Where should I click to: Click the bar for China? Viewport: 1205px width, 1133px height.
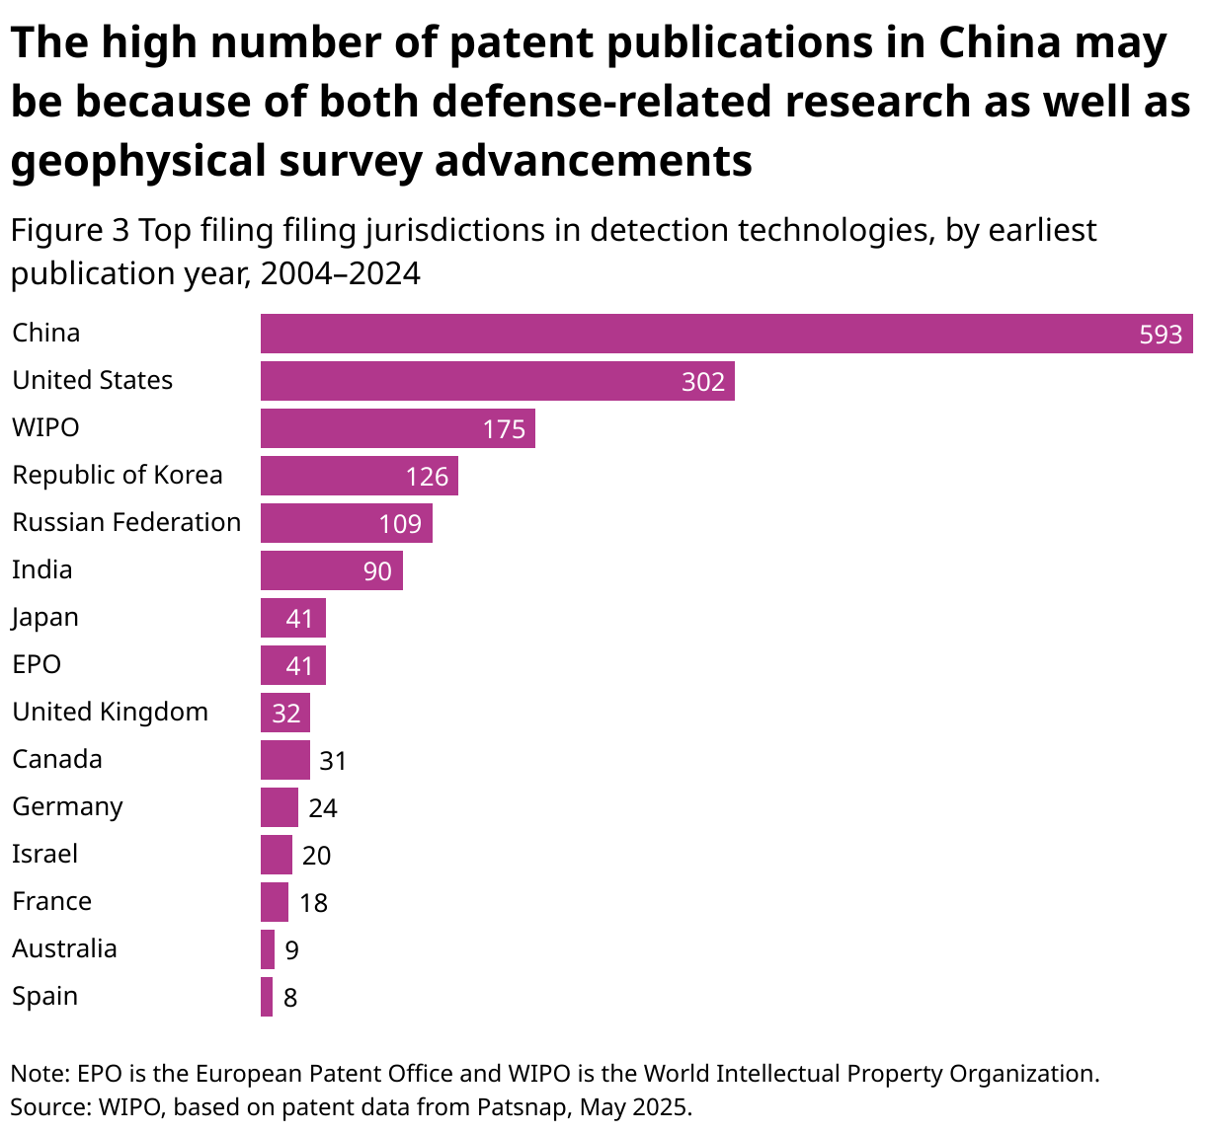coord(726,334)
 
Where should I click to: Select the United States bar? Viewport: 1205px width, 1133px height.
coord(497,381)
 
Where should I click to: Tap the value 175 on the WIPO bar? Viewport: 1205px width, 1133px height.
coord(504,429)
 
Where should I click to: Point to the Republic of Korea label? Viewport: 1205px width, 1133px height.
coord(118,476)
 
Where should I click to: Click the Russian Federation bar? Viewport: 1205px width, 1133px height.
coord(346,523)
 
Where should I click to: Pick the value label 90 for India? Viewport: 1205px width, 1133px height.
coord(377,571)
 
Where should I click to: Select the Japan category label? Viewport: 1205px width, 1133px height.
coord(45,618)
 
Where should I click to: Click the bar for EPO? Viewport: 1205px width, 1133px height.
coord(292,665)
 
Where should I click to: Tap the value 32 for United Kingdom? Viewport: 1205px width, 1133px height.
coord(285,714)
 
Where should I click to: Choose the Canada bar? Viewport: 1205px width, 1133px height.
coord(284,760)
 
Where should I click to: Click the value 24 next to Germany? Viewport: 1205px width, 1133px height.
coord(323,808)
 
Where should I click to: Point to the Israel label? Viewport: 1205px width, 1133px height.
coord(44,854)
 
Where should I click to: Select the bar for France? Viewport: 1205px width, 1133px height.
coord(274,902)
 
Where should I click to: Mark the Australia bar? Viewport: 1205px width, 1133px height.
coord(267,949)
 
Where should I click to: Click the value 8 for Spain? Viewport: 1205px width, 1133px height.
coord(290,998)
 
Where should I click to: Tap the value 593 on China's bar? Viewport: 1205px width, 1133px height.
coord(1161,335)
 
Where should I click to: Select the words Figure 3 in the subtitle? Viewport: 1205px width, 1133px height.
coord(69,230)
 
